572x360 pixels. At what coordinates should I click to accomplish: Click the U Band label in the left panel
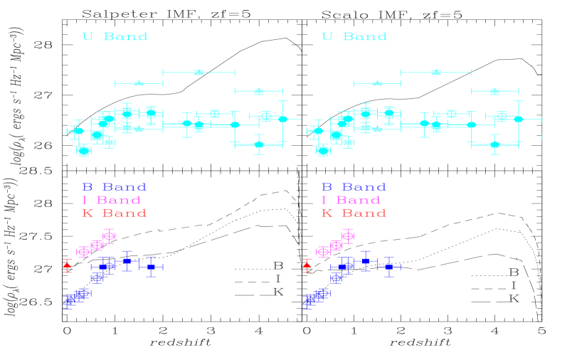(115, 36)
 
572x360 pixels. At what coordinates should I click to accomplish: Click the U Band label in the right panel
(354, 36)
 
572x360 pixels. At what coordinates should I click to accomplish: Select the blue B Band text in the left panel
(114, 187)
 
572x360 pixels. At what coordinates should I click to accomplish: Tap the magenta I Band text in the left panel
(111, 200)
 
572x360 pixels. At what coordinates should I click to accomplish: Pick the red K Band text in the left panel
(114, 213)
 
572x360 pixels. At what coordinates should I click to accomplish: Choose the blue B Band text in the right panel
(354, 187)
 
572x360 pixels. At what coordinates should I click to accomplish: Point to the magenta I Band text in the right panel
(351, 200)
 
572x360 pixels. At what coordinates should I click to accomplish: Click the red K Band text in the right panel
(354, 213)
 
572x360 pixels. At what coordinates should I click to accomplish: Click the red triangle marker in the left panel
(67, 265)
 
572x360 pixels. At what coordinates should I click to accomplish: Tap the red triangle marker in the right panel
(307, 265)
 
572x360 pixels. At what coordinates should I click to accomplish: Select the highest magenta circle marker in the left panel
(108, 235)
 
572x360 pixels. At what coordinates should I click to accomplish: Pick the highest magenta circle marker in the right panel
(347, 235)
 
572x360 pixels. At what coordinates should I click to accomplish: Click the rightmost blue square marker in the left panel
(151, 267)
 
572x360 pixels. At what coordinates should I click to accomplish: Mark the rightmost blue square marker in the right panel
(388, 267)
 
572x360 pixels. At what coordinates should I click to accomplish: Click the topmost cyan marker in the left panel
(198, 72)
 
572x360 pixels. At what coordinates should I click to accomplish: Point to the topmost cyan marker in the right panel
(436, 72)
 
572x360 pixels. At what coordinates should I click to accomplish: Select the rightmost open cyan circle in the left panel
(266, 115)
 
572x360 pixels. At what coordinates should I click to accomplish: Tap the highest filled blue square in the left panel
(127, 261)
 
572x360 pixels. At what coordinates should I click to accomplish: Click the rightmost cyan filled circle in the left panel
(282, 119)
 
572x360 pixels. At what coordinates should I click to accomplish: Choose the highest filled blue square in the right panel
(366, 261)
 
